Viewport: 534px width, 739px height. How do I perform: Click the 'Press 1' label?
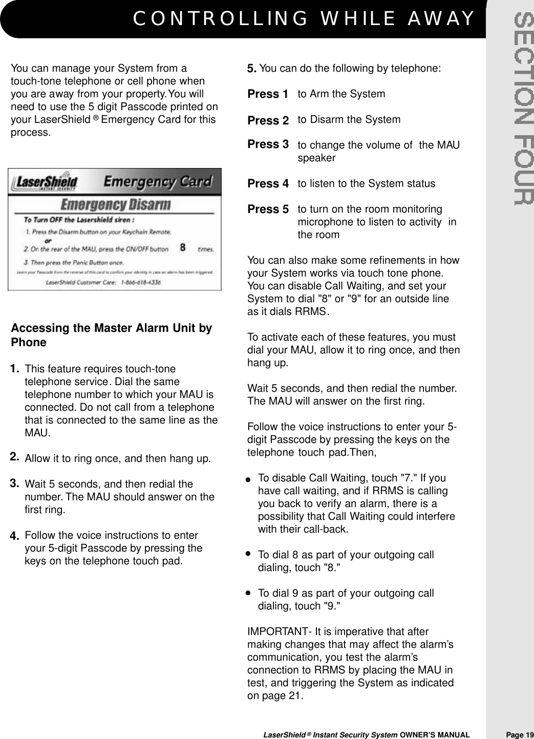[x=267, y=94]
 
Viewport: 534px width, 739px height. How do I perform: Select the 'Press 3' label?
[x=268, y=144]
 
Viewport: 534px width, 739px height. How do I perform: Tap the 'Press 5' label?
[x=268, y=209]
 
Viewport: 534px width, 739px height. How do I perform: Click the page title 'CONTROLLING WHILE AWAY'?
[x=304, y=19]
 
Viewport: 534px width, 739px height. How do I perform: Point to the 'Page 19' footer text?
[x=519, y=735]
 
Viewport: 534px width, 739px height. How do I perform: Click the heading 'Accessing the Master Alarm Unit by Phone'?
[x=111, y=335]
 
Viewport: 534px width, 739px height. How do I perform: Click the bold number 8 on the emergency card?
[x=182, y=248]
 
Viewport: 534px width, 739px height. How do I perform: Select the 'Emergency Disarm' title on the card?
[x=116, y=205]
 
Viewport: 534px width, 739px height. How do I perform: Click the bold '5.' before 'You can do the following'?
[x=252, y=69]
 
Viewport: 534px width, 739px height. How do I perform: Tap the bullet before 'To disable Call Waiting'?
[x=248, y=480]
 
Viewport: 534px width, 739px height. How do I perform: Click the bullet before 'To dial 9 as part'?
[x=248, y=593]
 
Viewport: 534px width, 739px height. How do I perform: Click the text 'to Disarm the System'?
[x=349, y=120]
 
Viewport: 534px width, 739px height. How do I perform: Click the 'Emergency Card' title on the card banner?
[x=158, y=181]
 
